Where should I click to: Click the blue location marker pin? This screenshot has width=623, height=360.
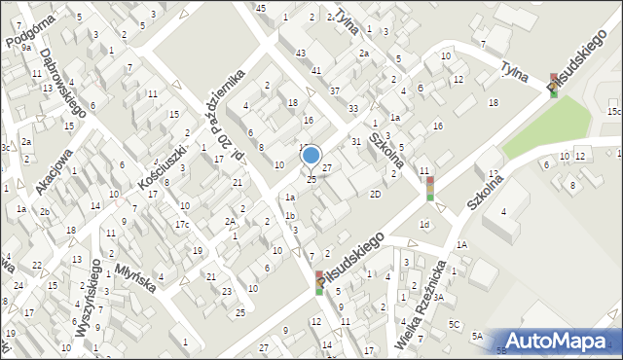tap(311, 156)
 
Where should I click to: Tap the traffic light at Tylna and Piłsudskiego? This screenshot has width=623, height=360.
tap(554, 85)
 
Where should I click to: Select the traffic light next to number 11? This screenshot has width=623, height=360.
tap(429, 188)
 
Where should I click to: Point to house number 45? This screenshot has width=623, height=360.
tap(260, 8)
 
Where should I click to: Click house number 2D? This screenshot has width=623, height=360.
tap(375, 194)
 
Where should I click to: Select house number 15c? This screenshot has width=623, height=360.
tap(614, 112)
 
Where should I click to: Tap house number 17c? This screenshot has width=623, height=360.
tap(181, 225)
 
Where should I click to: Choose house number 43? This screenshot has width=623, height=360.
tap(302, 53)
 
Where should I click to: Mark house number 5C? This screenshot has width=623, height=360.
tap(454, 323)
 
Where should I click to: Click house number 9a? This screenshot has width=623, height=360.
tap(26, 47)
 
